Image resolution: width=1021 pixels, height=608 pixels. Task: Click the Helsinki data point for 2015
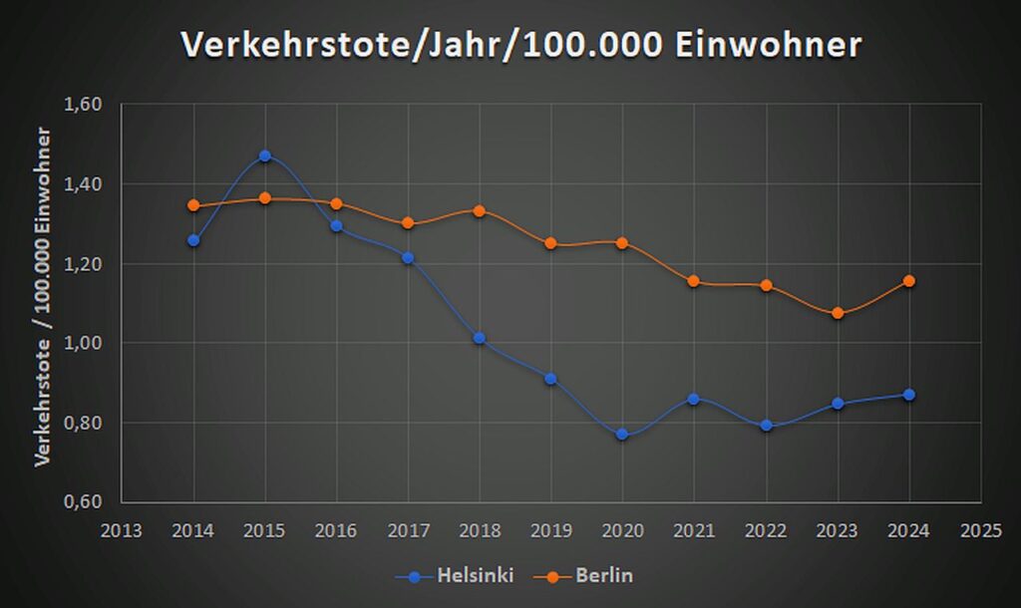pyautogui.click(x=265, y=156)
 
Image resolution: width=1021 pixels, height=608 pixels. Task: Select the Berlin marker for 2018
pyautogui.click(x=480, y=211)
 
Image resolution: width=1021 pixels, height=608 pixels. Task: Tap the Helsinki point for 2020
pyautogui.click(x=622, y=435)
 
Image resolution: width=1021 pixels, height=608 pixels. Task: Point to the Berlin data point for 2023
pyautogui.click(x=838, y=313)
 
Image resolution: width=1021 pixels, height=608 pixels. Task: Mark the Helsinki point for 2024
pyautogui.click(x=909, y=395)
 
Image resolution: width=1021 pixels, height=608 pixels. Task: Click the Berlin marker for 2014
pyautogui.click(x=193, y=205)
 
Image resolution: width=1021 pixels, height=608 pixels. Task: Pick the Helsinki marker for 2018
pyautogui.click(x=480, y=339)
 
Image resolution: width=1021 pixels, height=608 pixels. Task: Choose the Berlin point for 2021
pyautogui.click(x=694, y=281)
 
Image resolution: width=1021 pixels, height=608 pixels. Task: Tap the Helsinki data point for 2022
pyautogui.click(x=766, y=426)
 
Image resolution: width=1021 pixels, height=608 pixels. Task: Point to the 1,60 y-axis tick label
pyautogui.click(x=82, y=105)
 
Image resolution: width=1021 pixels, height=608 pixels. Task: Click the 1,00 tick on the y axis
pyautogui.click(x=82, y=343)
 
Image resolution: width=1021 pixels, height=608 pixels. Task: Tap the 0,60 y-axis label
pyautogui.click(x=82, y=501)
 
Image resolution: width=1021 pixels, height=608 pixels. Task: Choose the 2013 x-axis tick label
pyautogui.click(x=122, y=530)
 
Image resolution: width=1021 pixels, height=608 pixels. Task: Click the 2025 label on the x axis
pyautogui.click(x=981, y=530)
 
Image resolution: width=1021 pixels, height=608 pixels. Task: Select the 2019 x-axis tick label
pyautogui.click(x=551, y=530)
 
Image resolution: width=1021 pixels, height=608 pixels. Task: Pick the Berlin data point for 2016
pyautogui.click(x=336, y=203)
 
